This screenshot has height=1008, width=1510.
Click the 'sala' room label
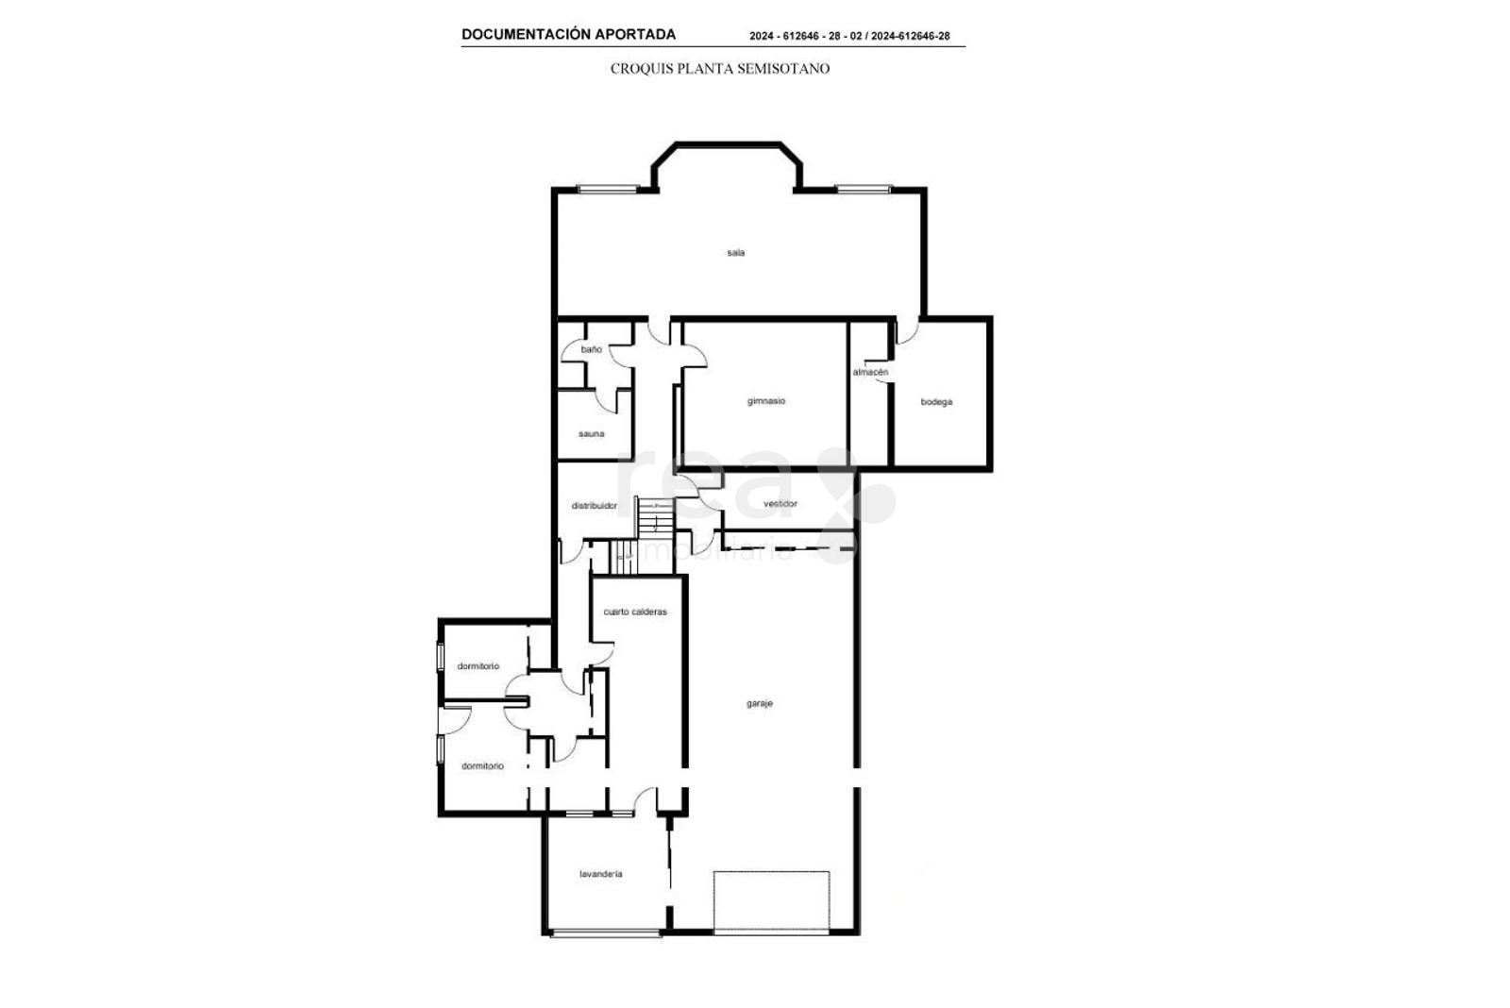735,253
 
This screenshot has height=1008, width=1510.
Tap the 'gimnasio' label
765,401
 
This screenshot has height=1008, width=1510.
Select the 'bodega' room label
936,402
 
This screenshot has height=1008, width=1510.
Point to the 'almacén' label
870,372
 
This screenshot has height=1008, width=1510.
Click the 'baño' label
591,349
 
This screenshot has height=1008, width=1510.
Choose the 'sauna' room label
591,433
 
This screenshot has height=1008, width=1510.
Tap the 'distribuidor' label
594,506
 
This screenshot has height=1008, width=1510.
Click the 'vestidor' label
780,504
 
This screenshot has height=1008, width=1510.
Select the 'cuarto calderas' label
635,612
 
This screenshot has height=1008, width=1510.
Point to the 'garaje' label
760,703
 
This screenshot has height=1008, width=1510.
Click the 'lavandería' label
600,874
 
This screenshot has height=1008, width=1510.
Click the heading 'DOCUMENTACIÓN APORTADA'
568,34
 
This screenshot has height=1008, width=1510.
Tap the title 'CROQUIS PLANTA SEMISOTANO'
720,69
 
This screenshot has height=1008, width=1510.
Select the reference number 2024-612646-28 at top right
910,37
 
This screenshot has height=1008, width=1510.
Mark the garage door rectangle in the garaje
771,902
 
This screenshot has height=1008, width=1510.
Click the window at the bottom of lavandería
605,933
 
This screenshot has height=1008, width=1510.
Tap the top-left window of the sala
608,190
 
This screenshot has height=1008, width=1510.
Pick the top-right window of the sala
864,190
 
